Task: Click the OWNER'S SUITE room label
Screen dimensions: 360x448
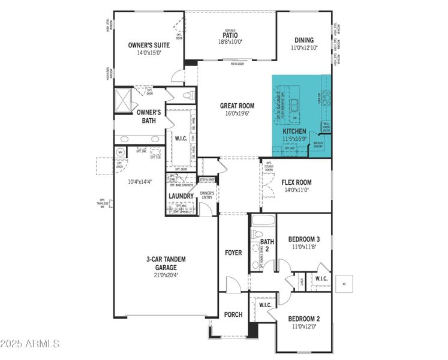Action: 149,45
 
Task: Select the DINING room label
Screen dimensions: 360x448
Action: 303,40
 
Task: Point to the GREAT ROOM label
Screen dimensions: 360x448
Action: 237,106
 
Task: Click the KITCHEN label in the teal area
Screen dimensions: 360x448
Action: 294,131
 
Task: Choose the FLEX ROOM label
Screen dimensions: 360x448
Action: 296,182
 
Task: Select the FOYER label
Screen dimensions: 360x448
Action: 233,253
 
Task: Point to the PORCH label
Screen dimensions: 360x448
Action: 233,314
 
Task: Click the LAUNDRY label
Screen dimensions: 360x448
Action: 181,196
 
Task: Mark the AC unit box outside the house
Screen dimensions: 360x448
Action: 344,283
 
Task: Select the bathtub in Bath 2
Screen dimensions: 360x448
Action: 263,221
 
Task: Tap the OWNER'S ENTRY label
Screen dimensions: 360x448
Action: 207,194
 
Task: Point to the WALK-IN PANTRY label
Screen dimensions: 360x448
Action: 318,143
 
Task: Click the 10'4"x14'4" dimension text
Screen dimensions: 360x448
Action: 140,182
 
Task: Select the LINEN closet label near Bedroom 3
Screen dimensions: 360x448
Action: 302,280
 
